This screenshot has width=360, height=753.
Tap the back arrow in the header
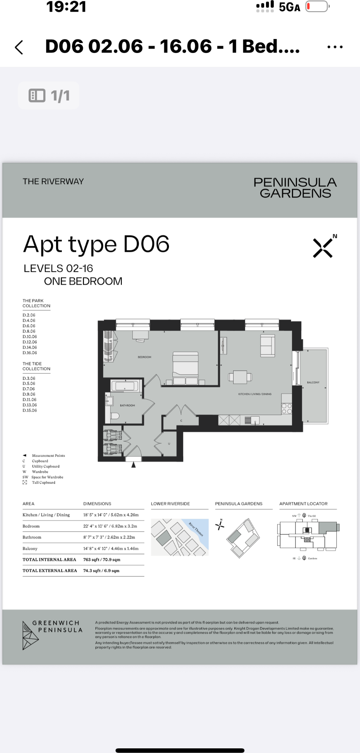(x=19, y=47)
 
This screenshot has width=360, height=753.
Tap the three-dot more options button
(x=334, y=47)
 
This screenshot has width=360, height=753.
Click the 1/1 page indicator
(x=49, y=95)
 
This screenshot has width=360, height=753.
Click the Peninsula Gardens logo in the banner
(x=295, y=188)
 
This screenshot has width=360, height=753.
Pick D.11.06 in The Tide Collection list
(x=30, y=400)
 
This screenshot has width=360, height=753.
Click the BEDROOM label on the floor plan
(x=144, y=357)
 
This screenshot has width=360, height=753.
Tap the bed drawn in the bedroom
(x=185, y=368)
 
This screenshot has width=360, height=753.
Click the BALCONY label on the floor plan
(x=313, y=382)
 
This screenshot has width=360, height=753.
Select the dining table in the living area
(x=240, y=377)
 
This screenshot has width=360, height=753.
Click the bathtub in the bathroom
(x=125, y=386)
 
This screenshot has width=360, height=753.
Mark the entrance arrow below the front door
(x=133, y=465)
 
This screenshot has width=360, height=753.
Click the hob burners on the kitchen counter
(x=287, y=409)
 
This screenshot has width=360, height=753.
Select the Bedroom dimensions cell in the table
(x=110, y=526)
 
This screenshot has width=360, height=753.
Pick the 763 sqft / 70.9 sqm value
(x=102, y=559)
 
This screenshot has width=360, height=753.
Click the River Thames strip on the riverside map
(x=196, y=530)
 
